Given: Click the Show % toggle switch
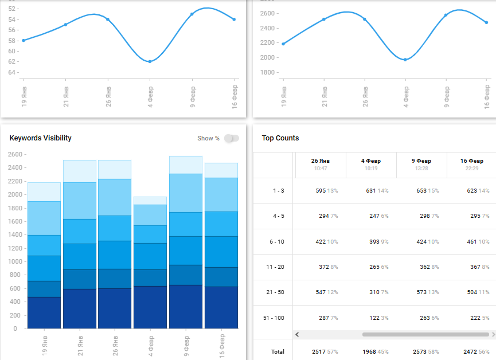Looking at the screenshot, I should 231,138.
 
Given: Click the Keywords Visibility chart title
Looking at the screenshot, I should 41,138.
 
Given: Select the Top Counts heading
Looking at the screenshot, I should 280,138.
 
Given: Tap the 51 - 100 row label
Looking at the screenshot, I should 278,318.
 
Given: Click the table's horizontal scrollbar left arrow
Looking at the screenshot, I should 297,334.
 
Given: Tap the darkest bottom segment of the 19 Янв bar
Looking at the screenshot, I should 44,312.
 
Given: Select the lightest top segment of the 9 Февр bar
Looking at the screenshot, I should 186,165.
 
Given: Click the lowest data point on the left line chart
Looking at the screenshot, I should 150,61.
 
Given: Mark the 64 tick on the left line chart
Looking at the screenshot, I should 12,72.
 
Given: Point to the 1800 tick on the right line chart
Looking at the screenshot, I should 268,72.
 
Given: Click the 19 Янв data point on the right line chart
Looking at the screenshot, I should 283,44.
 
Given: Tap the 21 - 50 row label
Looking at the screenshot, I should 278,292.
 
